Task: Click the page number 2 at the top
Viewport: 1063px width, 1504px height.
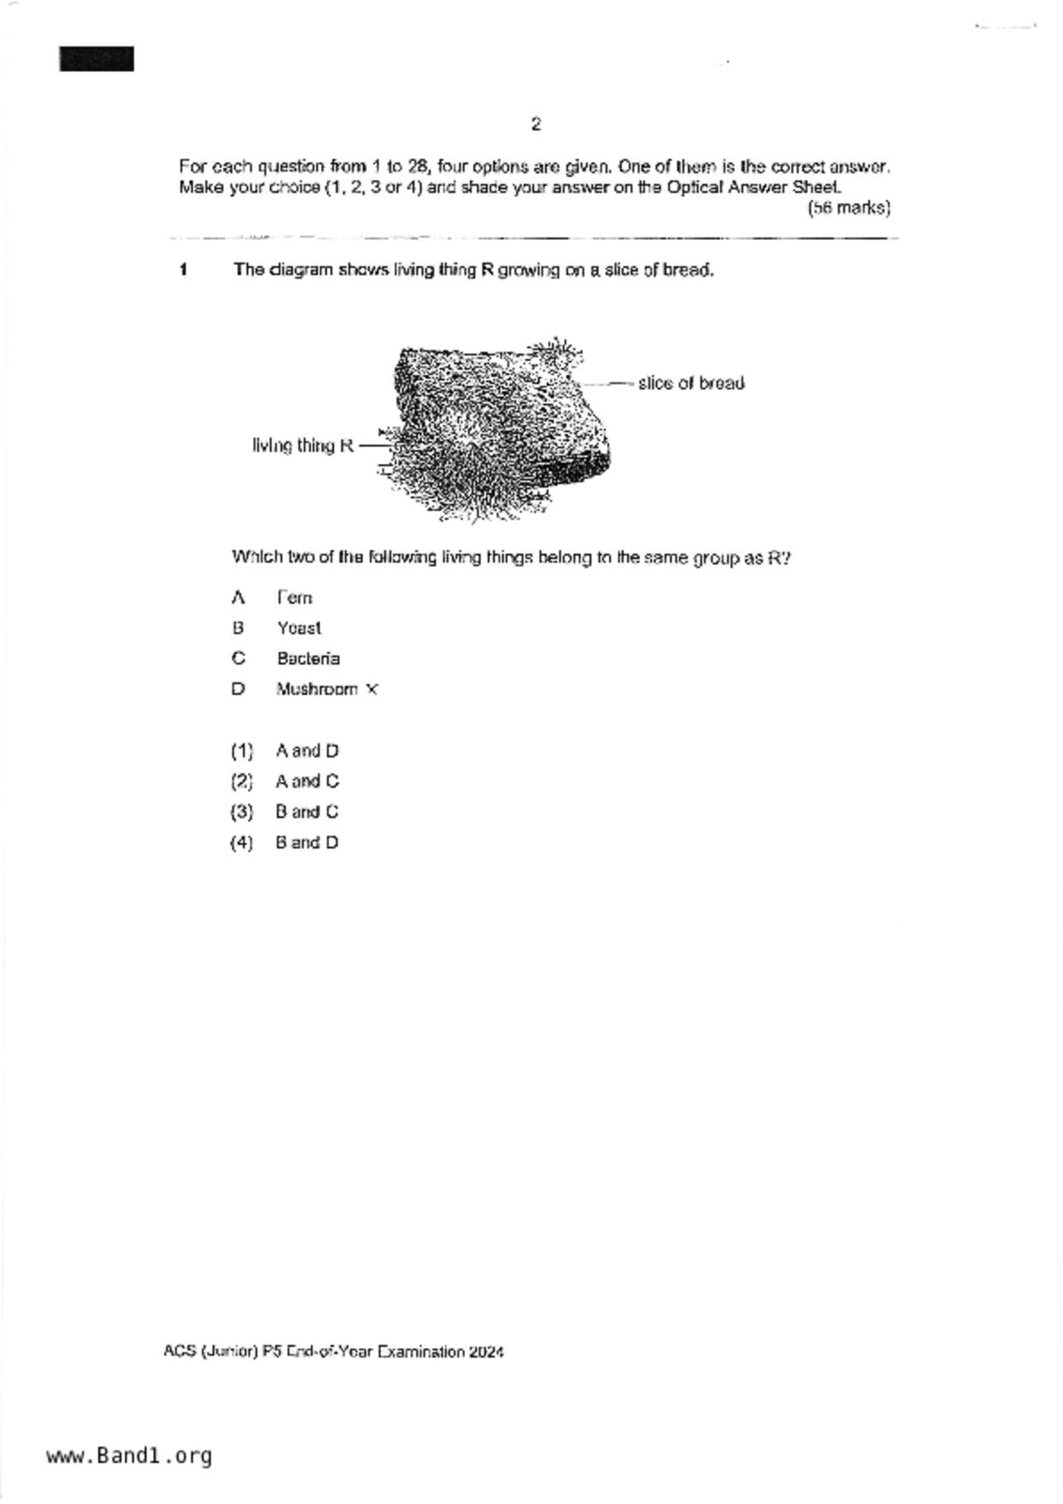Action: [535, 124]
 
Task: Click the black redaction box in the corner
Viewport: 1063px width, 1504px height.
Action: [96, 59]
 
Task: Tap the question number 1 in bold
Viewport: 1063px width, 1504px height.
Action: [184, 270]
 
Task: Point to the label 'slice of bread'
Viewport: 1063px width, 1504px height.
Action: [691, 383]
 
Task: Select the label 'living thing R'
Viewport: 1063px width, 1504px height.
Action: [303, 446]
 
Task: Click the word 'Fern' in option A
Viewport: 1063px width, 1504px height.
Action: [294, 598]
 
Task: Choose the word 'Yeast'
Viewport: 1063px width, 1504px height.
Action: [299, 629]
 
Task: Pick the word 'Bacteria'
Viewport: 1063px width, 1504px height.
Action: [308, 659]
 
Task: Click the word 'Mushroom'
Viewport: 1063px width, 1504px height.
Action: [317, 689]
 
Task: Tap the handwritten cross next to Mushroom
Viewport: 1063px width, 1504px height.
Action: [371, 689]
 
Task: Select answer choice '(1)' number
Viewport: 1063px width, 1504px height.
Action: [242, 751]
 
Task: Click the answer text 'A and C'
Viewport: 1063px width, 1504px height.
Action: [307, 781]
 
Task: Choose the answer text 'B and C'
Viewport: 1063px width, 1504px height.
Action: [307, 812]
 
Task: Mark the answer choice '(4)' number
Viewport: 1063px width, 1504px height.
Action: [242, 843]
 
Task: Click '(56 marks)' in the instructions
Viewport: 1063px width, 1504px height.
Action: [849, 208]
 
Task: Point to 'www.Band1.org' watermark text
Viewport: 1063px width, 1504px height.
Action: [130, 1456]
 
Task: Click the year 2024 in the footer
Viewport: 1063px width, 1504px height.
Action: [486, 1352]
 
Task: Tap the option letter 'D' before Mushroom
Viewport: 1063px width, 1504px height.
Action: [238, 689]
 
